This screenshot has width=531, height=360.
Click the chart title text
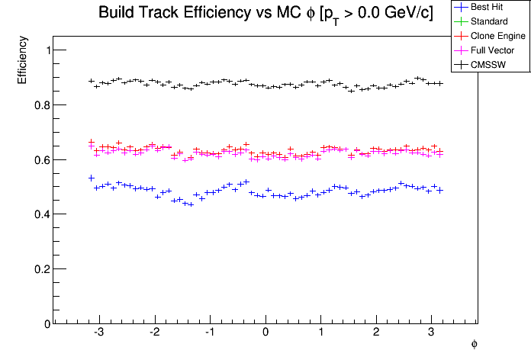pyautogui.click(x=265, y=13)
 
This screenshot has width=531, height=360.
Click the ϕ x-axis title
pyautogui.click(x=474, y=345)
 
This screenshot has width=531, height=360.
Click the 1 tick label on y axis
pyautogui.click(x=47, y=50)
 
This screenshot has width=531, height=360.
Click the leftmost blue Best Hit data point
pyautogui.click(x=92, y=178)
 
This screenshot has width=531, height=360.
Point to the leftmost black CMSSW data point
pyautogui.click(x=92, y=81)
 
